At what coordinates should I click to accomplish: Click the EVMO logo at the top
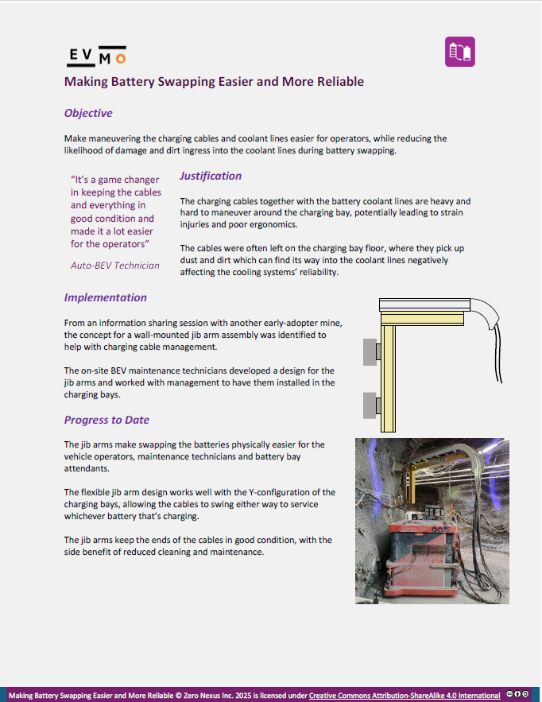[x=95, y=55]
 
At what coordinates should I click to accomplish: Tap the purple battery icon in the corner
[x=460, y=52]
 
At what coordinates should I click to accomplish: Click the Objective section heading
[x=88, y=113]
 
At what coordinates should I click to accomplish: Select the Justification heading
[x=211, y=176]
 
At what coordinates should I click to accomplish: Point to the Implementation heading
[x=106, y=297]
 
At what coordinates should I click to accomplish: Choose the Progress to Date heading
[x=106, y=420]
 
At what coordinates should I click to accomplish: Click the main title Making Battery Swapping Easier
[x=214, y=81]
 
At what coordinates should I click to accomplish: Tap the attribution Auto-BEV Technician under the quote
[x=115, y=265]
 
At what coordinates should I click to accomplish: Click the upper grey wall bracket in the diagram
[x=370, y=351]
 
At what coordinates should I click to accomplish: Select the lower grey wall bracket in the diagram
[x=370, y=405]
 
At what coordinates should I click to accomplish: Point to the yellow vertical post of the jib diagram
[x=388, y=374]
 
